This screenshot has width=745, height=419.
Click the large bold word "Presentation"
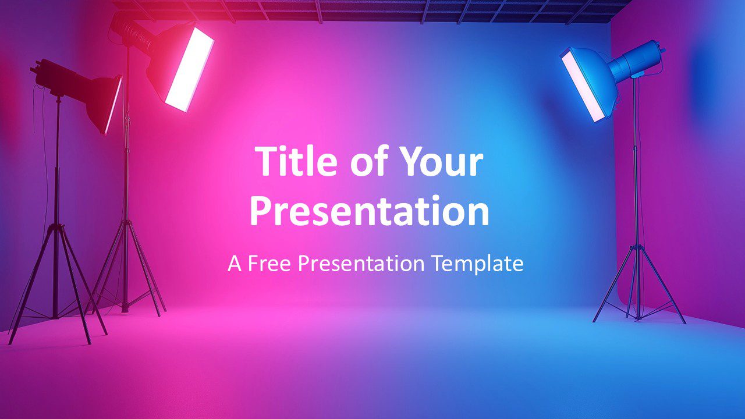pos(370,210)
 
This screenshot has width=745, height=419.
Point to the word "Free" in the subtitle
pos(269,264)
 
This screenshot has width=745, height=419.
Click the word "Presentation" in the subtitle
pos(361,264)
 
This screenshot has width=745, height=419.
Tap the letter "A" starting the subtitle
pos(234,264)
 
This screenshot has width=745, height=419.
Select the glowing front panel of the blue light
pos(583,85)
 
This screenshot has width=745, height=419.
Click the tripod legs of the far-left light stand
pos(56,283)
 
